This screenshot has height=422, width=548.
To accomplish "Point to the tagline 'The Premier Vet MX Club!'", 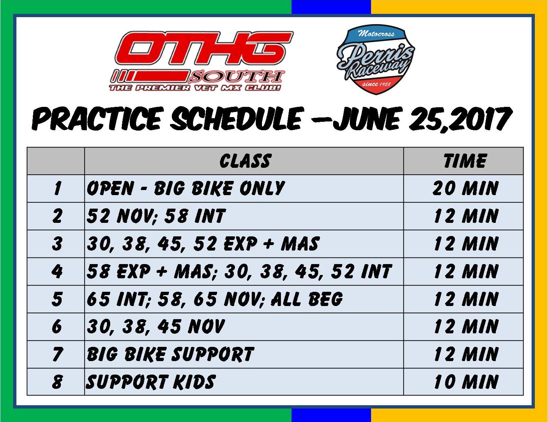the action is (195, 88).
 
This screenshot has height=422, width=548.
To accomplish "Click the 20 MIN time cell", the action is (465, 188).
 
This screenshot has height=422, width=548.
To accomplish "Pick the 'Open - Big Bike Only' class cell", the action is (186, 188).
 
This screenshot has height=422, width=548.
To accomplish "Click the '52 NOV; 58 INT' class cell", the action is (156, 216).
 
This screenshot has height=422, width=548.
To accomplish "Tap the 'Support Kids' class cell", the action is (151, 382).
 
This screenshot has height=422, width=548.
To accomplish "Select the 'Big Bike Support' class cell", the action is (170, 354).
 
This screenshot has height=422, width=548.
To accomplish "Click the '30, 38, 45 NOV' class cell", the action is (155, 326).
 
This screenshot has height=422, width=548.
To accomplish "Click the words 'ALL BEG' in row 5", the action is (307, 299).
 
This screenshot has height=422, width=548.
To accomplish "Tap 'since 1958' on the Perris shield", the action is (376, 84).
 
